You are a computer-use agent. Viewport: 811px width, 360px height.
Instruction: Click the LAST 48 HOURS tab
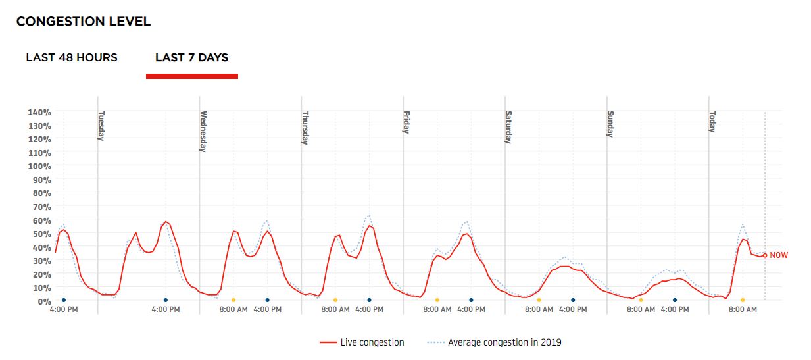pyautogui.click(x=72, y=57)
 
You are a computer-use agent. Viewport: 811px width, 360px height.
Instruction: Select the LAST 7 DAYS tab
pyautogui.click(x=191, y=57)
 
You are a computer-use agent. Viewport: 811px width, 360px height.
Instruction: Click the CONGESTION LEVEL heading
pyautogui.click(x=84, y=22)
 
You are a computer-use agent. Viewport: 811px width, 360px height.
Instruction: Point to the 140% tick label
pyautogui.click(x=39, y=112)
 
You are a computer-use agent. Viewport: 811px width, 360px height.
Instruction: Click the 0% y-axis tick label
pyautogui.click(x=43, y=301)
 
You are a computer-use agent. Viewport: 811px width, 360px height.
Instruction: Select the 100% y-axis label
pyautogui.click(x=39, y=166)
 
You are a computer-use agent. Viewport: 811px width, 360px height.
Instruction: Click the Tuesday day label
pyautogui.click(x=101, y=125)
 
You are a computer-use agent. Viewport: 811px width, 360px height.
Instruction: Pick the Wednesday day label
pyautogui.click(x=203, y=131)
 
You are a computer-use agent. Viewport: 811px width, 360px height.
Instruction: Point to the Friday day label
pyautogui.click(x=406, y=122)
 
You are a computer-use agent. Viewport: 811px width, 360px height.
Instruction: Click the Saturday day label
pyautogui.click(x=508, y=126)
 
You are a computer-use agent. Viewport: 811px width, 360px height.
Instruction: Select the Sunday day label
pyautogui.click(x=610, y=123)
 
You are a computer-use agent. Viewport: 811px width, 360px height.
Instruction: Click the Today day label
pyautogui.click(x=712, y=121)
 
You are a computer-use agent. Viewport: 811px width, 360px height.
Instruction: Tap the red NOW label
pyautogui.click(x=779, y=255)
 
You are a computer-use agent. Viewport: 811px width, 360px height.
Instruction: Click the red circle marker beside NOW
pyautogui.click(x=765, y=255)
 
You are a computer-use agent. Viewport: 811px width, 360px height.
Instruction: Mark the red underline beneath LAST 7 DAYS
pyautogui.click(x=191, y=76)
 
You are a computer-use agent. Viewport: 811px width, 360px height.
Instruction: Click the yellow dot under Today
pyautogui.click(x=743, y=300)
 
